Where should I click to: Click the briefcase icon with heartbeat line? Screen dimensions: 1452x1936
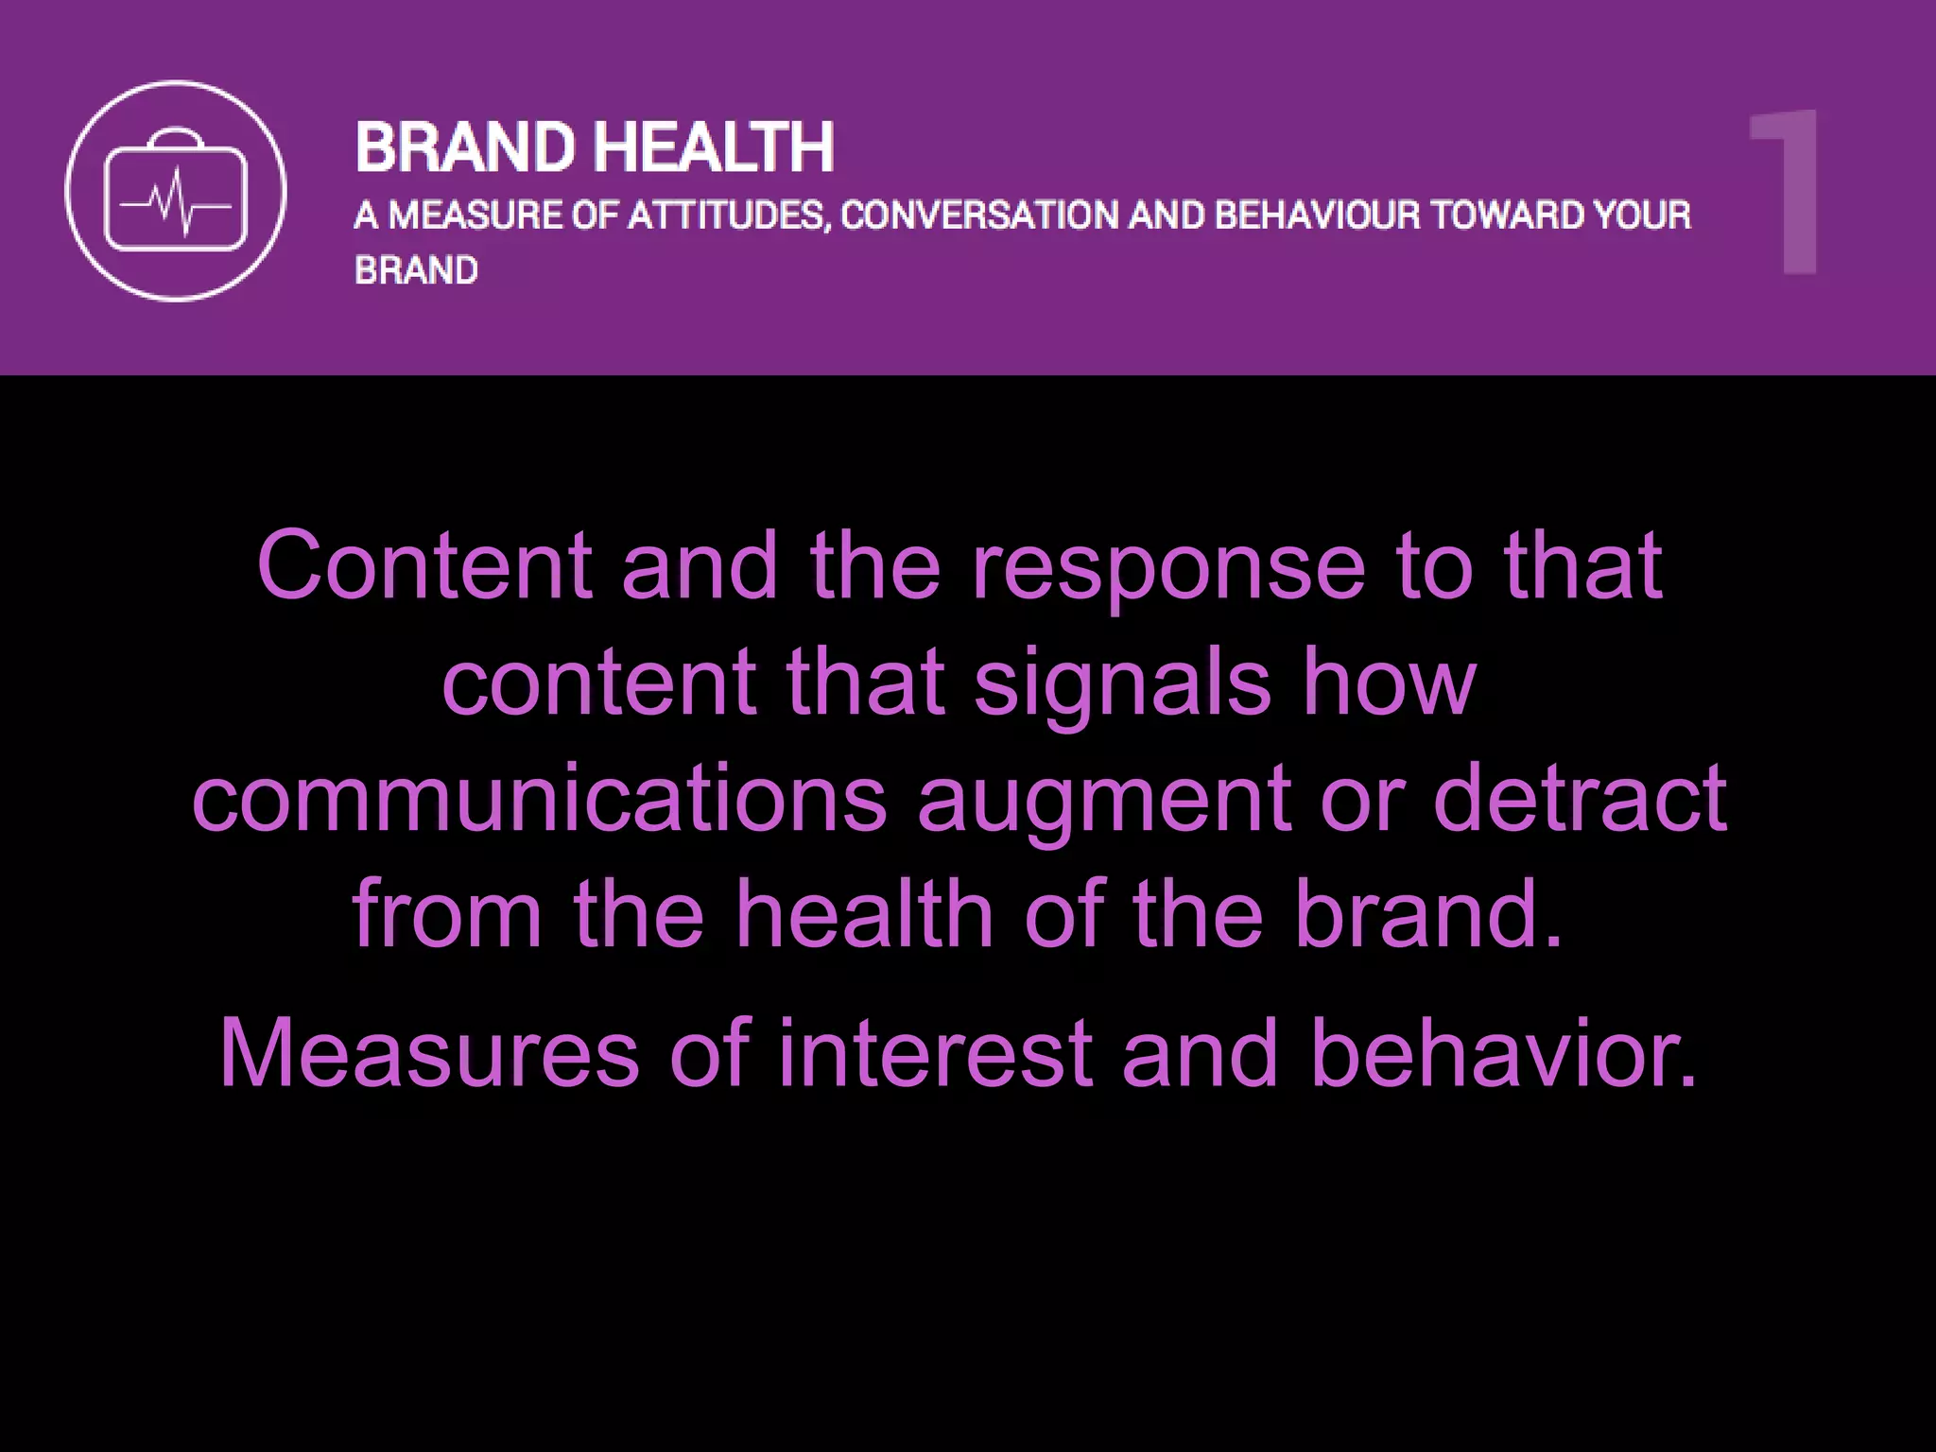pos(176,191)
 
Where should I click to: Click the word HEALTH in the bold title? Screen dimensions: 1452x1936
pos(716,147)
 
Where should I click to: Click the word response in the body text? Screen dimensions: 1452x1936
pos(1168,567)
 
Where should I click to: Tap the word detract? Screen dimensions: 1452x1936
pos(1581,800)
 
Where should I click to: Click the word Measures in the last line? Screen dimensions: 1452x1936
pos(429,1054)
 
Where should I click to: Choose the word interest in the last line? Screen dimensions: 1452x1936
pos(934,1054)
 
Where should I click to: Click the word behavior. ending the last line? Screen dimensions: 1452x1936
pos(1504,1054)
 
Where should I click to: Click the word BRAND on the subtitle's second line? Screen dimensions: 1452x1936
pos(416,271)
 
